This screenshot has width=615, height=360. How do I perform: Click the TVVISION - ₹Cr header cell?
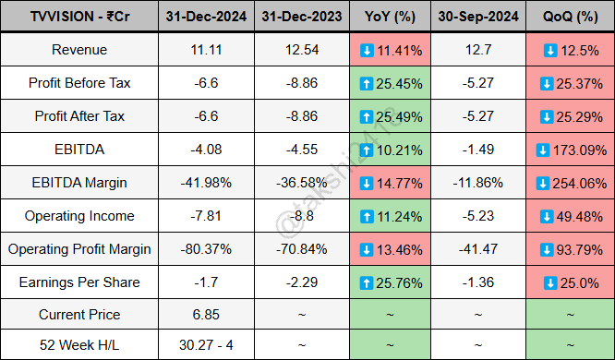coord(80,17)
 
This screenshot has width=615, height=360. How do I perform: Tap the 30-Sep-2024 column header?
coord(476,17)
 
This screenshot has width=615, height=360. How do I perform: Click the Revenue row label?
coord(80,50)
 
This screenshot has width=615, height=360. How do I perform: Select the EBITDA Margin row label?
coord(80,183)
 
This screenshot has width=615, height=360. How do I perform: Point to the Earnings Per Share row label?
coord(80,282)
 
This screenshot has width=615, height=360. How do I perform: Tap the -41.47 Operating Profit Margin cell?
coord(476,249)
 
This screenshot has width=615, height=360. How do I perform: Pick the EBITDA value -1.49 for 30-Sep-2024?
coord(476,150)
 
